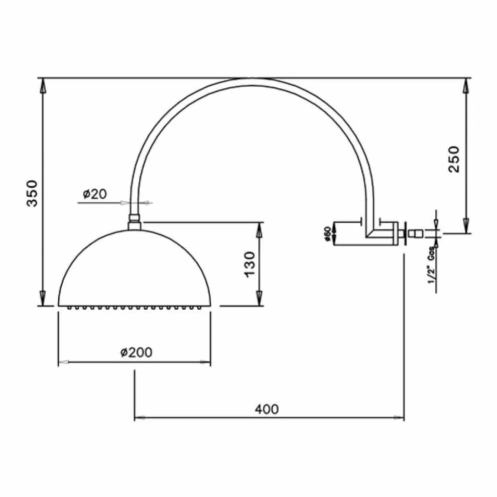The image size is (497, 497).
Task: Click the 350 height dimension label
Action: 32,193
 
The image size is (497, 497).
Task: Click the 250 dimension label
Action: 454,159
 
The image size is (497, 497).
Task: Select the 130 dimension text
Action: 250,265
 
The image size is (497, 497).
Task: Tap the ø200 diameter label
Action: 136,352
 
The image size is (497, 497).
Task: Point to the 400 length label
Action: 267,409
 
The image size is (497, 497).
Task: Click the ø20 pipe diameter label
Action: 95,194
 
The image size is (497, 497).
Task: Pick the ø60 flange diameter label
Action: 328,234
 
